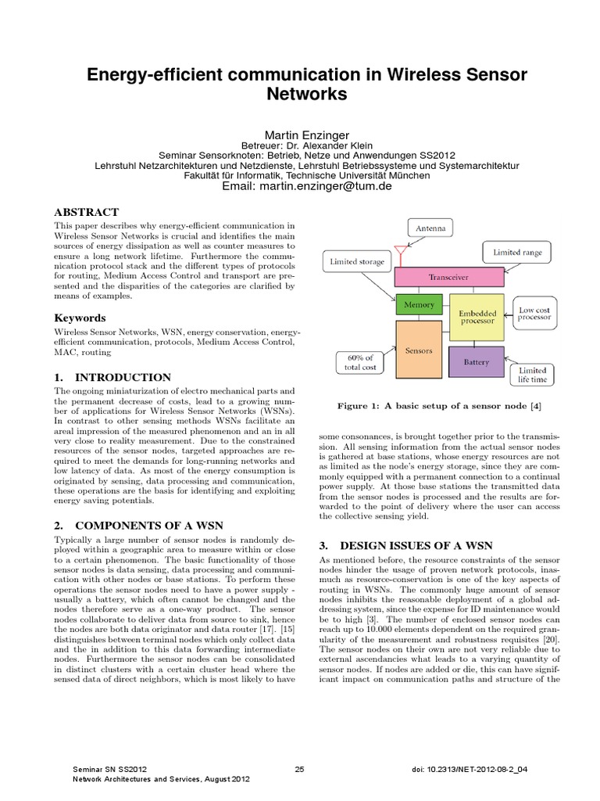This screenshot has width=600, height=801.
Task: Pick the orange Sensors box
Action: (420, 351)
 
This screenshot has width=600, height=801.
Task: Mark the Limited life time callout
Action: (533, 375)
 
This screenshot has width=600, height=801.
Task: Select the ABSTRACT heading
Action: (86, 212)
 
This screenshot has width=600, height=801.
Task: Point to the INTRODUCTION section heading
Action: (112, 377)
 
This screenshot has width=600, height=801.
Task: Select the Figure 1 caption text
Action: (438, 406)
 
